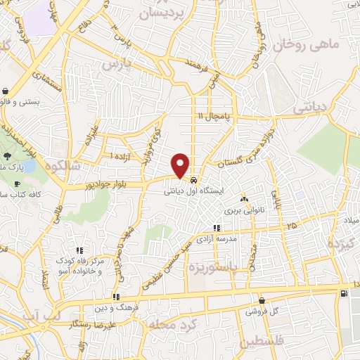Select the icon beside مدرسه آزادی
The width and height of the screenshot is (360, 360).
click(x=217, y=228)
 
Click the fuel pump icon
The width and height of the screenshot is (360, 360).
click(x=342, y=293)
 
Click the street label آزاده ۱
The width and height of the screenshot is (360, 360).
click(x=120, y=155)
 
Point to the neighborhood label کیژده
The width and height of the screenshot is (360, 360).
click(x=343, y=242)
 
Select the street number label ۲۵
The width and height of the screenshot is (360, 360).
click(x=291, y=226)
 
